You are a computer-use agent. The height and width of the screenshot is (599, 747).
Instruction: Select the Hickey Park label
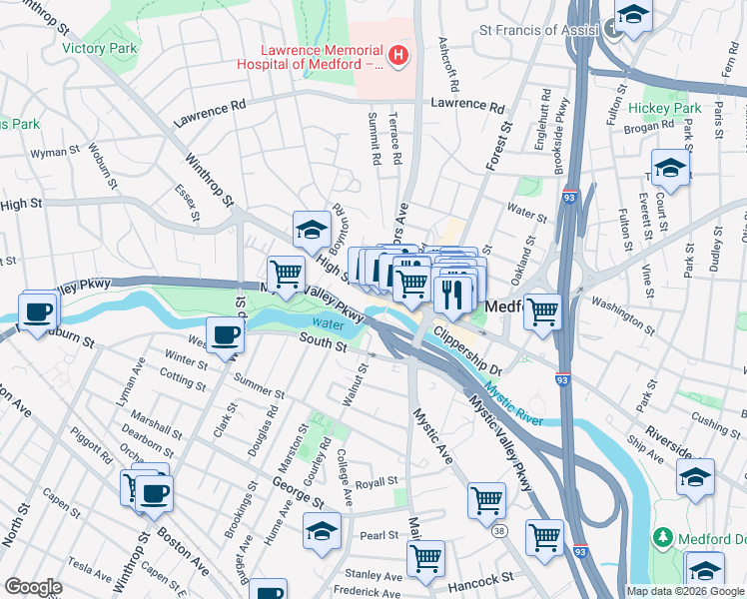coord(665,108)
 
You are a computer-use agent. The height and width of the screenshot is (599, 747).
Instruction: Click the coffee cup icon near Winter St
coord(225,333)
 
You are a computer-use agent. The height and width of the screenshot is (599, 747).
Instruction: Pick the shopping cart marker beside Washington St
coord(542,310)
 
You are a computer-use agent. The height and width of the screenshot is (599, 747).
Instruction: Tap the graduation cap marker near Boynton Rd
coord(312,229)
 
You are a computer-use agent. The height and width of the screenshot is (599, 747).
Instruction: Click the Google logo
coord(33,587)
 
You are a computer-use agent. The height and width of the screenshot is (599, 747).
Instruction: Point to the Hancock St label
coord(480,578)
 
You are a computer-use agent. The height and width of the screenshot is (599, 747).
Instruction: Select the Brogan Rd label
coord(653,128)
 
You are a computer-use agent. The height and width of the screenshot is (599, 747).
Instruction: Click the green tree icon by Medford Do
coord(661,539)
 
